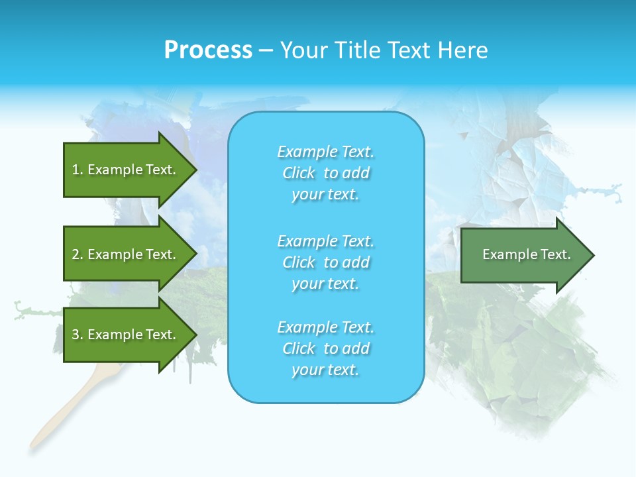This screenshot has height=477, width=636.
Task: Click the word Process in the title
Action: point(208,50)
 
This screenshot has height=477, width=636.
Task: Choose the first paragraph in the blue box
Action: point(325,173)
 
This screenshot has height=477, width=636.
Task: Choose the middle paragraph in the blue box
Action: point(325,262)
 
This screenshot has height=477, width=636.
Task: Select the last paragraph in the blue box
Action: point(325,348)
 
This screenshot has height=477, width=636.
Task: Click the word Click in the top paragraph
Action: point(299,173)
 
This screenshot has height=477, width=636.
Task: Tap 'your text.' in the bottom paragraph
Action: point(325,370)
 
